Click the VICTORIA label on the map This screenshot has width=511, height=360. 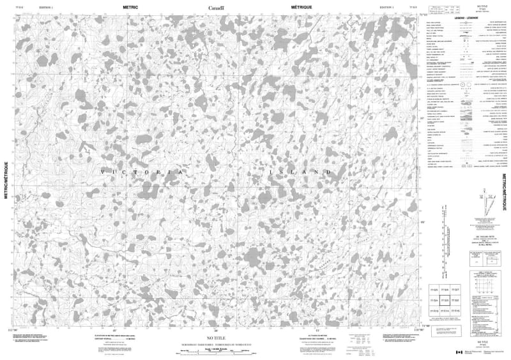click(143, 173)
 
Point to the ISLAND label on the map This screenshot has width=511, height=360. click(300, 173)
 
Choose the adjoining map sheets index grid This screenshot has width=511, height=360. click(445, 300)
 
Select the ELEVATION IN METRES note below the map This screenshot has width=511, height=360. click(107, 336)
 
